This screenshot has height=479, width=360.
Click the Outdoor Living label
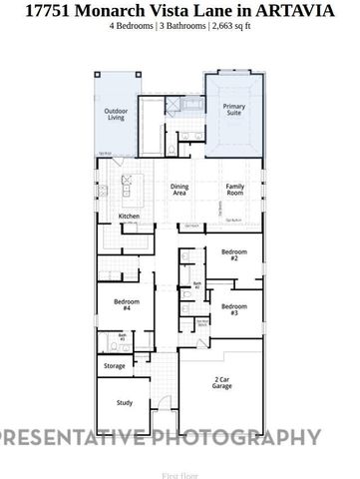click(x=117, y=115)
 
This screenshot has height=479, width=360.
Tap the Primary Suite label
click(x=234, y=110)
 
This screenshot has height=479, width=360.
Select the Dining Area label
click(x=180, y=191)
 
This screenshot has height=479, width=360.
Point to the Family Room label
click(x=235, y=191)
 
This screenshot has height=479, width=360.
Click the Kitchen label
click(x=130, y=217)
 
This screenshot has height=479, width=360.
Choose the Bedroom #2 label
click(x=233, y=254)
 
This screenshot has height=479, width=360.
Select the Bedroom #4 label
click(x=122, y=305)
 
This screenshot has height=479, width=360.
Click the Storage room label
click(x=116, y=366)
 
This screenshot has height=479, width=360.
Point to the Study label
click(x=124, y=402)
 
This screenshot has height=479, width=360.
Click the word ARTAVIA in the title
click(x=301, y=10)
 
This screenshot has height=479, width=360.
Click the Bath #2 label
click(x=197, y=285)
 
